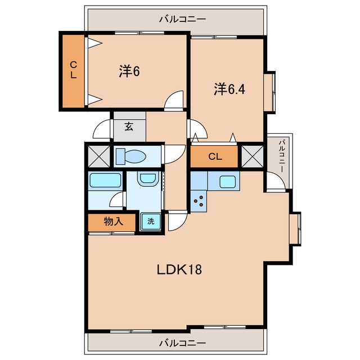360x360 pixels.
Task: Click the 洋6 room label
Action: click(x=129, y=71)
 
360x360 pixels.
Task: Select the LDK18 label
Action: click(x=179, y=269)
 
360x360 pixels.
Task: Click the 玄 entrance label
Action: click(x=129, y=127)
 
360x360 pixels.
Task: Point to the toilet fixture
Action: click(x=131, y=156)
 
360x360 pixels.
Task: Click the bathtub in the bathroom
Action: click(x=105, y=180)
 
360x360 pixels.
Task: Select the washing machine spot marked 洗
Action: click(x=151, y=222)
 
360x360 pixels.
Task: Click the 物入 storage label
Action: click(x=114, y=222)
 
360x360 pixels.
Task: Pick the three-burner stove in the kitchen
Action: click(x=199, y=201)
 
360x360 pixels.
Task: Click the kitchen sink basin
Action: click(x=227, y=182)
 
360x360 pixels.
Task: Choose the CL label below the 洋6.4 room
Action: click(x=215, y=156)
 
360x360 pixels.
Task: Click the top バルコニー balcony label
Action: click(x=183, y=19)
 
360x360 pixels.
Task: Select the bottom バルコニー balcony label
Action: click(x=183, y=344)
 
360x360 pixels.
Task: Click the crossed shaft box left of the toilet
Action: click(x=99, y=156)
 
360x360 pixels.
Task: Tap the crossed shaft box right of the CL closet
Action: click(x=253, y=156)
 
